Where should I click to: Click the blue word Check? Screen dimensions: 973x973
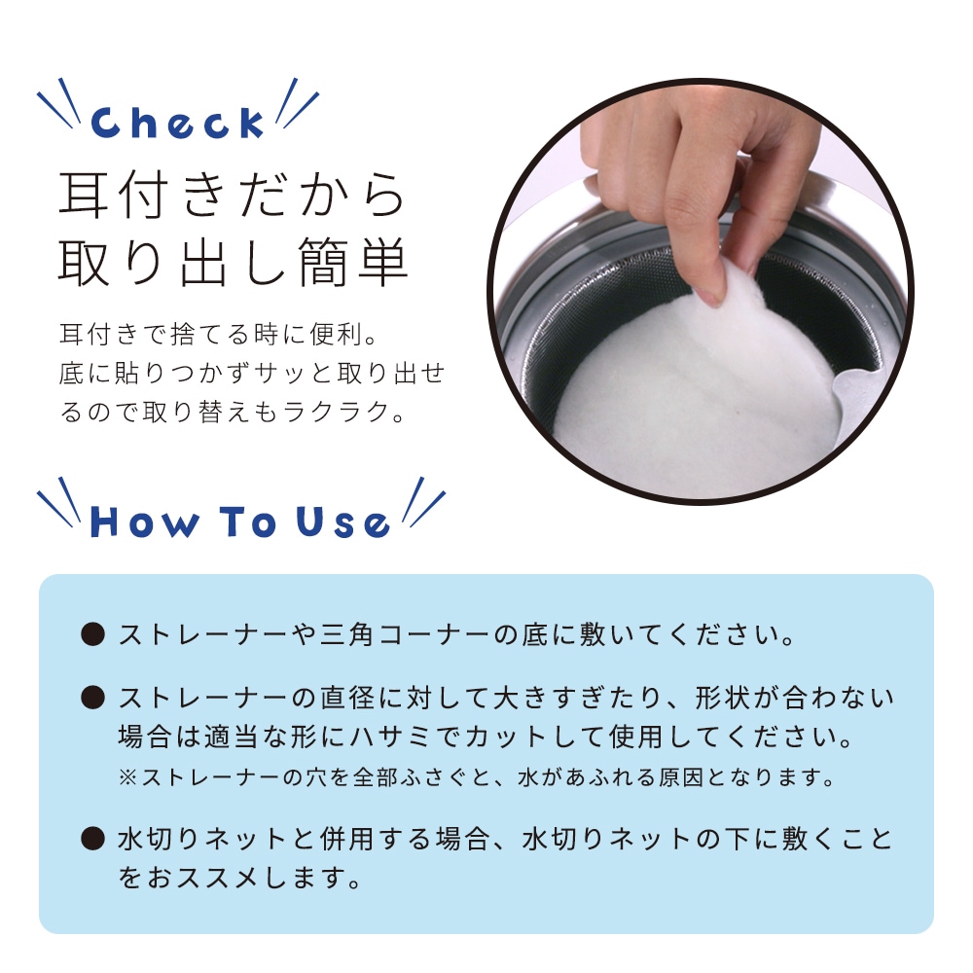tap(177, 123)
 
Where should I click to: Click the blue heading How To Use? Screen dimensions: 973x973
tap(239, 522)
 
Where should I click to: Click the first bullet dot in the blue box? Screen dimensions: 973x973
tap(93, 634)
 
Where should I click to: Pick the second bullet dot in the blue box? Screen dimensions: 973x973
tap(93, 697)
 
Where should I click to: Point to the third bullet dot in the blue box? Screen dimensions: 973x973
tap(93, 839)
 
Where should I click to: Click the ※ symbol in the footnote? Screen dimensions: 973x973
tap(127, 776)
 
